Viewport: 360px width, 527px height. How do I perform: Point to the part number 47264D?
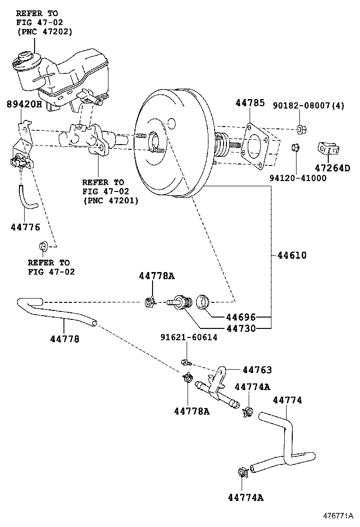coord(332,168)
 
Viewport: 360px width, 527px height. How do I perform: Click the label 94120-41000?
coord(298,178)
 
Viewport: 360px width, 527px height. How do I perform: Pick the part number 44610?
coord(292,255)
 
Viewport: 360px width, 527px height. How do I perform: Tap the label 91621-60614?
coord(188,337)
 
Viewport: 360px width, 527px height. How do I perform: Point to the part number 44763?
coord(257,370)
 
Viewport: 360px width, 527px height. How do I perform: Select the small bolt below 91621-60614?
coord(186,363)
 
